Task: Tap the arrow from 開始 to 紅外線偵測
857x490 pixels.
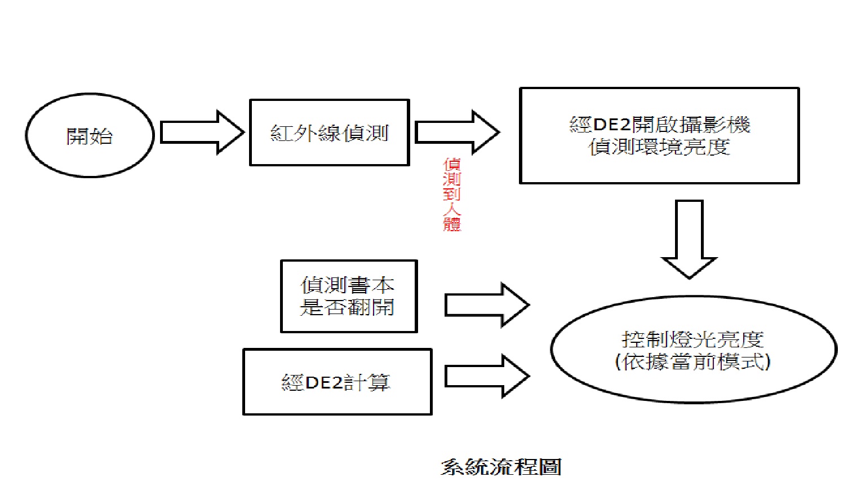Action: click(x=202, y=133)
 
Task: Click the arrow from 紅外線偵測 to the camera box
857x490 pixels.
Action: click(x=457, y=133)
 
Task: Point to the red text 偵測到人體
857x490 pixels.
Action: click(x=452, y=195)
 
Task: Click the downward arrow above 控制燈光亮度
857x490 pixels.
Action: click(x=689, y=239)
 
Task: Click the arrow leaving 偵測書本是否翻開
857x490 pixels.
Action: click(x=487, y=305)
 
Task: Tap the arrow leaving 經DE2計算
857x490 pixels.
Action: click(x=487, y=376)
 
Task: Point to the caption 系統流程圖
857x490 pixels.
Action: click(x=501, y=467)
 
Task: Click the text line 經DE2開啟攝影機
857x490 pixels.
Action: click(x=660, y=125)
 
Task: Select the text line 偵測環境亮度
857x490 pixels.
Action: click(x=660, y=147)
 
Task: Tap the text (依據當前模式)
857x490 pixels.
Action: click(x=693, y=361)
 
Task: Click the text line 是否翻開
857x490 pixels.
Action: click(x=347, y=307)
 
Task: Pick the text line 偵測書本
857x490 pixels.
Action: click(x=347, y=285)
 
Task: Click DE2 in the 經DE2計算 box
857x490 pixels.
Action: click(x=324, y=382)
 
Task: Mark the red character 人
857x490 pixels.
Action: click(x=452, y=209)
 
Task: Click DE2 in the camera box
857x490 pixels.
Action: click(x=612, y=125)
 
